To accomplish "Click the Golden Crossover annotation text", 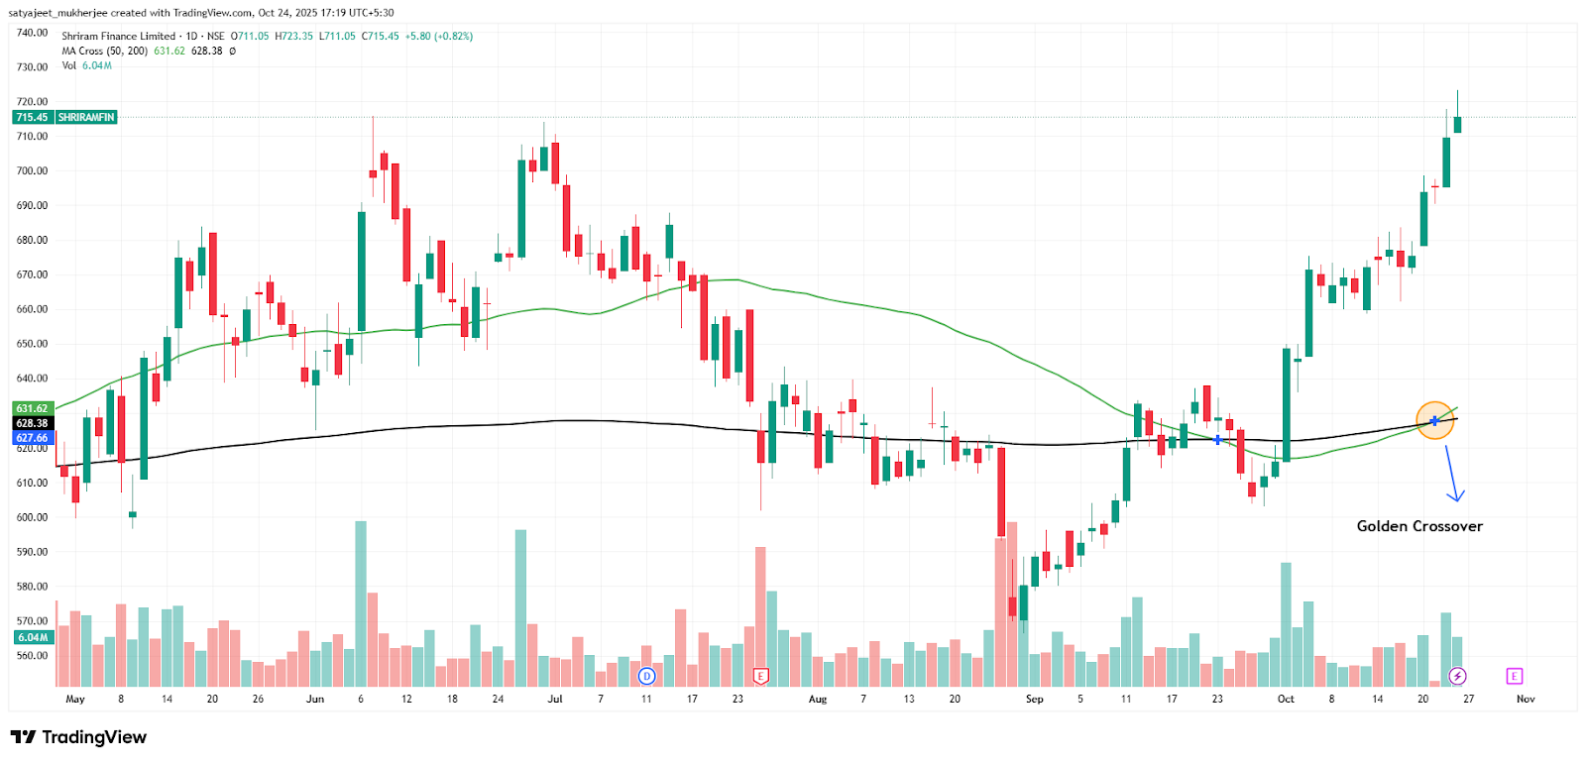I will click(x=1419, y=526).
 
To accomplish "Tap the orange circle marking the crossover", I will click(x=1434, y=421).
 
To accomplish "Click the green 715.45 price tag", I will click(x=32, y=117).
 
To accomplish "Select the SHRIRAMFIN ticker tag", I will click(x=86, y=117).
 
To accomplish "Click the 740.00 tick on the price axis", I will click(x=32, y=33).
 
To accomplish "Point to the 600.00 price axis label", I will click(x=32, y=517).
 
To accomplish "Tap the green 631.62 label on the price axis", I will click(x=32, y=408).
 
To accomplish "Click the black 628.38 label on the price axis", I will click(x=32, y=423).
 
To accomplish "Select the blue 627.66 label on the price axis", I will click(x=32, y=438).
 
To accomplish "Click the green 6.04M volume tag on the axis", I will click(x=32, y=637).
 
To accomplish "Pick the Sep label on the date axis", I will click(x=1034, y=699).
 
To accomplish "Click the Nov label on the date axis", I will click(x=1526, y=699).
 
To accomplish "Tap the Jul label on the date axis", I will click(x=555, y=699).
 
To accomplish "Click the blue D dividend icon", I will click(x=646, y=676).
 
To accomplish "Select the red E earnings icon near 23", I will click(x=761, y=676).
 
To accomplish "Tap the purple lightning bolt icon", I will click(x=1457, y=676).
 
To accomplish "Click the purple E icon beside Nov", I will click(x=1514, y=676).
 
